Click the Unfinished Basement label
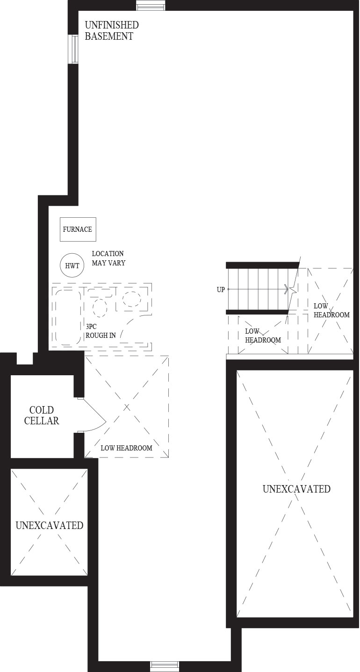(x=112, y=30)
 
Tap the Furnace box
(x=78, y=229)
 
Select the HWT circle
(x=72, y=265)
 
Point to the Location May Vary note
(x=108, y=258)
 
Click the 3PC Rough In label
(x=101, y=331)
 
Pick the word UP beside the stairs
(x=221, y=290)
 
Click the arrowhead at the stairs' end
(x=286, y=289)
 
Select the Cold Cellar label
(x=42, y=415)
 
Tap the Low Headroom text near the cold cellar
(x=126, y=448)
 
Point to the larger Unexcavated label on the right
(x=296, y=489)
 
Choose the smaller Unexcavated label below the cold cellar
(x=49, y=525)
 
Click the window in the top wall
(x=151, y=6)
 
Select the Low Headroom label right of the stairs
(x=331, y=310)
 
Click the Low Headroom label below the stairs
(x=263, y=336)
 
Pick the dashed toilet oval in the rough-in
(x=100, y=307)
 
